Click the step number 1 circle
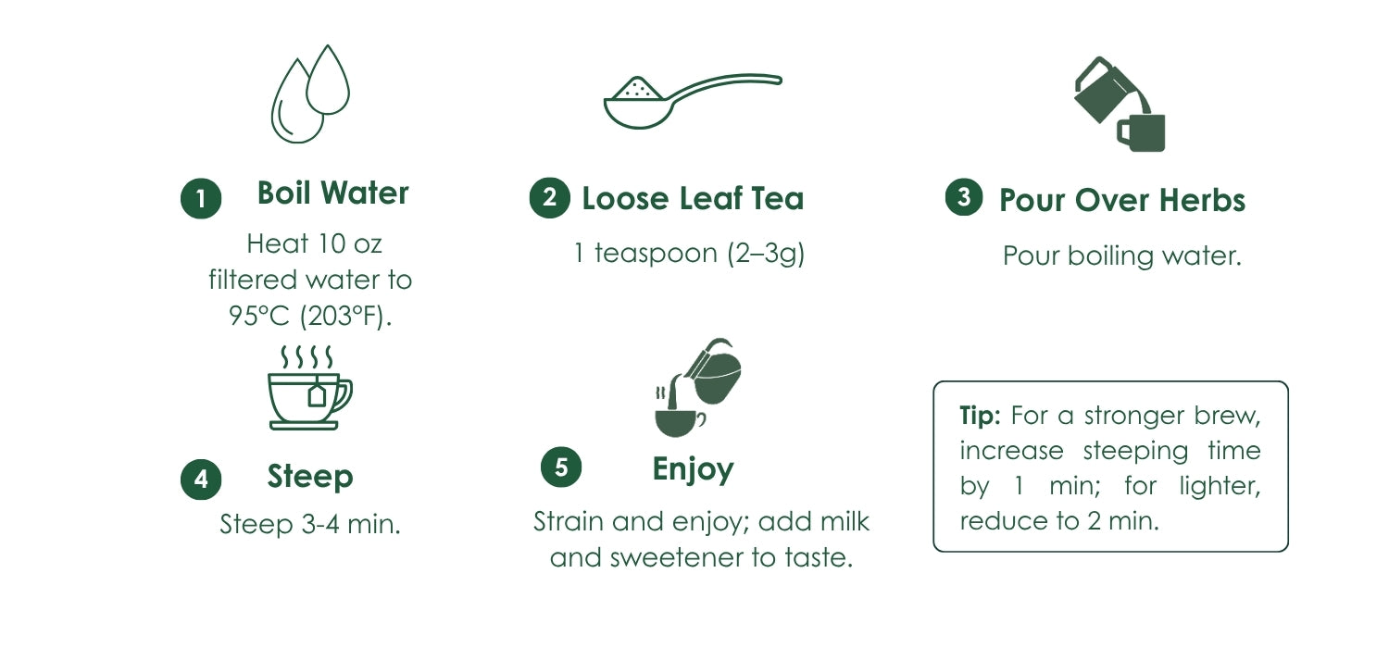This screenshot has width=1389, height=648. pyautogui.click(x=201, y=198)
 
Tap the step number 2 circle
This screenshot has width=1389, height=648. pyautogui.click(x=549, y=198)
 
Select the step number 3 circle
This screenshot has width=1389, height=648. pyautogui.click(x=964, y=196)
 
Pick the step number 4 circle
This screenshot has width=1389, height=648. pyautogui.click(x=201, y=480)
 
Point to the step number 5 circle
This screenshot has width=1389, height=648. pyautogui.click(x=561, y=467)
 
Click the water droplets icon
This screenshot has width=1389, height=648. pyautogui.click(x=310, y=93)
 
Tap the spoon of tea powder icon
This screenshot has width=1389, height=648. pyautogui.click(x=693, y=101)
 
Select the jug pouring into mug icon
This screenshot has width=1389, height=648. pyautogui.click(x=1120, y=105)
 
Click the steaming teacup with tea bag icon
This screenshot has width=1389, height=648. pyautogui.click(x=310, y=388)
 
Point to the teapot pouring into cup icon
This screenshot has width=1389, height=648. pyautogui.click(x=698, y=388)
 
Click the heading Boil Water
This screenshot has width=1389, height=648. pyautogui.click(x=333, y=193)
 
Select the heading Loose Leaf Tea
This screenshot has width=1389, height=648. pyautogui.click(x=693, y=198)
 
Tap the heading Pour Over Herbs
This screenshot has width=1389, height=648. pyautogui.click(x=1122, y=200)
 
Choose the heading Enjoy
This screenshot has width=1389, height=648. pyautogui.click(x=694, y=470)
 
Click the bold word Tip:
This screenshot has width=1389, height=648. pyautogui.click(x=980, y=416)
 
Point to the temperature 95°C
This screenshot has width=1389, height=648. pyautogui.click(x=259, y=317)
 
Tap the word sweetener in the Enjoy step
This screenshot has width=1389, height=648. pyautogui.click(x=677, y=557)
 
